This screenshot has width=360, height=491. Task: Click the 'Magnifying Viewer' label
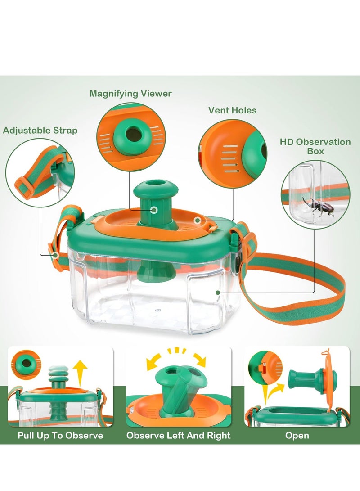coord(130,94)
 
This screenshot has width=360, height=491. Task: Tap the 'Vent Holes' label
coord(232,110)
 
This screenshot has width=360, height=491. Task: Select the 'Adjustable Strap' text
coord(40,131)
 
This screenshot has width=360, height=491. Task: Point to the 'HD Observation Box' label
coord(315,146)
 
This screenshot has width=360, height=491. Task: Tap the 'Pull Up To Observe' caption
coord(60,435)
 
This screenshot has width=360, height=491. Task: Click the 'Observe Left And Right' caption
coord(178,435)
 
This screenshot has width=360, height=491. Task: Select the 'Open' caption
coord(297,435)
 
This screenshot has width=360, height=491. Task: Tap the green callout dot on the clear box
coord(218,292)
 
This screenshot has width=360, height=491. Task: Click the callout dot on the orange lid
coord(197,220)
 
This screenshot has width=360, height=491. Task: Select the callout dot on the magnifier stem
coord(154,210)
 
